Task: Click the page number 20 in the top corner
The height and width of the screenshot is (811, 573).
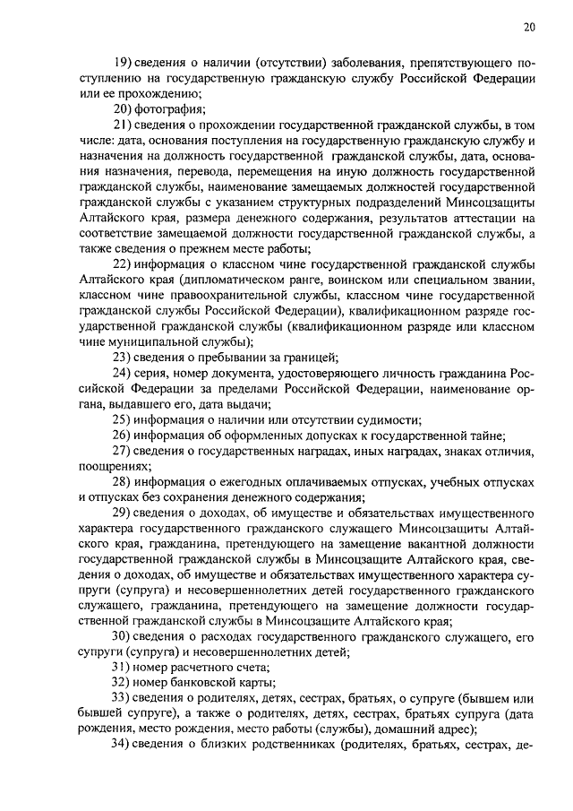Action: click(529, 28)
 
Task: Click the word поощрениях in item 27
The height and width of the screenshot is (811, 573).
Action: click(115, 468)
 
